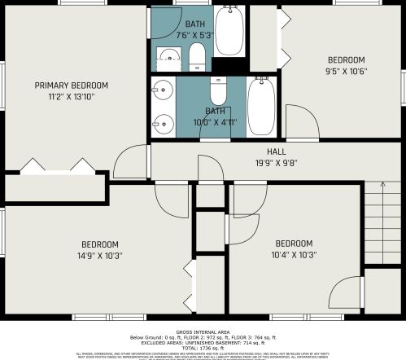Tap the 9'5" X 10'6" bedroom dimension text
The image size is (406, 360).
point(346,72)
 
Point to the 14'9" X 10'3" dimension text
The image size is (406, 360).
point(100,255)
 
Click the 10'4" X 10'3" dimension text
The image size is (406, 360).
point(293,255)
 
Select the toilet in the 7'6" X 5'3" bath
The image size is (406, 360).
point(197,57)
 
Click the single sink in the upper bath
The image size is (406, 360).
point(168,57)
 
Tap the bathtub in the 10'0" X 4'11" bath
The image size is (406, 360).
point(261,106)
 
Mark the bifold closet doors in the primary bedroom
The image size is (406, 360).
point(57,166)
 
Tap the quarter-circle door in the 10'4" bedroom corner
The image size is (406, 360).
point(346,295)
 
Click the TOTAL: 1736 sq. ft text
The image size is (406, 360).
point(203,348)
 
